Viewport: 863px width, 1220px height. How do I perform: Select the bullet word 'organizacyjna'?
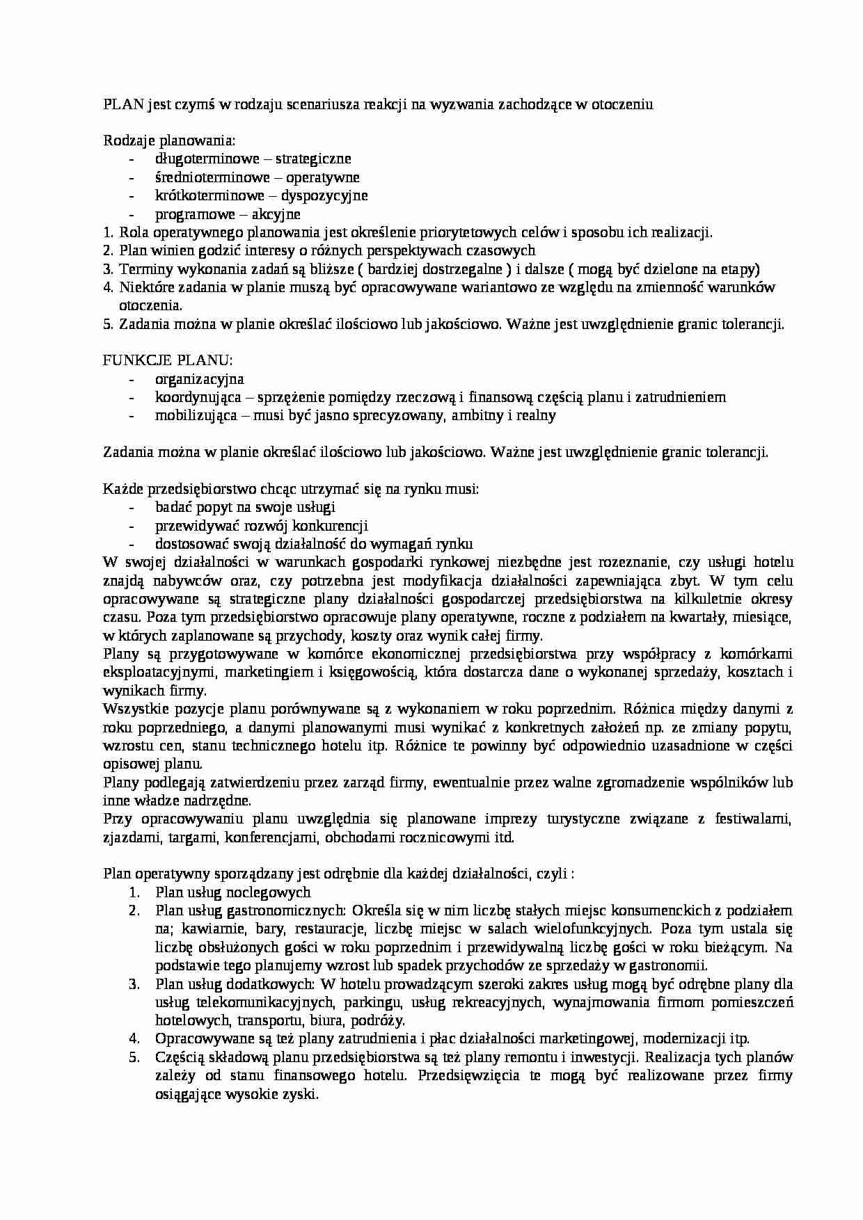click(x=200, y=379)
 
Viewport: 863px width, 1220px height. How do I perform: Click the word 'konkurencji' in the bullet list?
click(x=330, y=526)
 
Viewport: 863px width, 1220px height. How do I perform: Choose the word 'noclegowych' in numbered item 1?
click(x=272, y=892)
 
